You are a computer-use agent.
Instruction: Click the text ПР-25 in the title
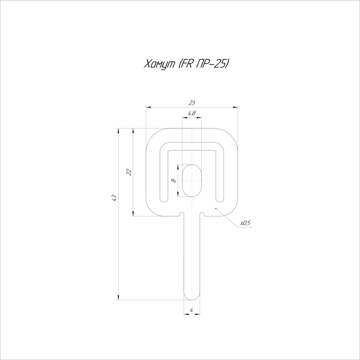coord(213,64)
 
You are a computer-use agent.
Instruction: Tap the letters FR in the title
coord(187,64)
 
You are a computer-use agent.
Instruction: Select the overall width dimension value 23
coord(193,103)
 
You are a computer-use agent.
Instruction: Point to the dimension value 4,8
coord(191,113)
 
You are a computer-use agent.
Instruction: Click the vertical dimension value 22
coord(129,172)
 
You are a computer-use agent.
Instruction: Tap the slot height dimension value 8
coord(174,180)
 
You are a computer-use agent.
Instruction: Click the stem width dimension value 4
coord(192,310)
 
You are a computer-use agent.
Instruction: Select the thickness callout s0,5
coord(245,223)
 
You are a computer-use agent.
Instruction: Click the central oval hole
coord(192,180)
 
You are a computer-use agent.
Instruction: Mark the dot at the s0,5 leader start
coord(216,209)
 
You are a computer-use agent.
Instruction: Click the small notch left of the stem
coord(181,213)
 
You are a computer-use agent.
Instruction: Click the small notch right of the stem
coord(203,213)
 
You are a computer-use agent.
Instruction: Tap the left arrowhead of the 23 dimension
coord(149,107)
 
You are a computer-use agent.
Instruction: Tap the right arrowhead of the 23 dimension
coord(235,107)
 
